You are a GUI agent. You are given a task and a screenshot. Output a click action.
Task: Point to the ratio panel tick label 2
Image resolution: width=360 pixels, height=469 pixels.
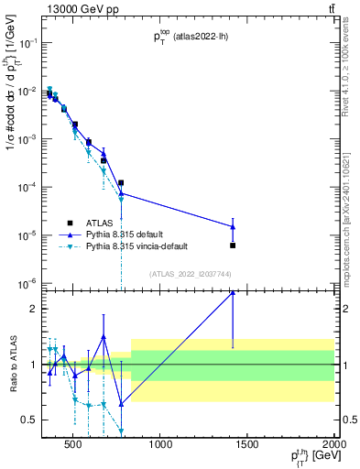[31, 309]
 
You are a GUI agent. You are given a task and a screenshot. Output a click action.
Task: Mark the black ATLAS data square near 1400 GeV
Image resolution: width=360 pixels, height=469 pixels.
[233, 245]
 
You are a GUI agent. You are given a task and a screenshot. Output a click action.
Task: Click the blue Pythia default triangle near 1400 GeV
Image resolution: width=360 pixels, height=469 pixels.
[233, 226]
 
